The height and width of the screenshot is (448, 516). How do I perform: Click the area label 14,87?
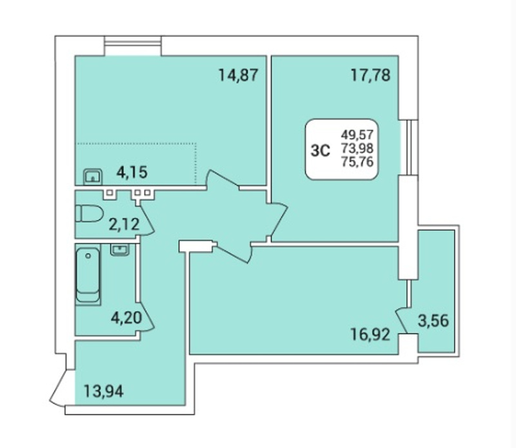pyautogui.click(x=238, y=75)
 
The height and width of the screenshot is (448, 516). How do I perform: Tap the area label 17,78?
pyautogui.click(x=370, y=75)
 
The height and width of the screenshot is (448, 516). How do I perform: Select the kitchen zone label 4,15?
pyautogui.click(x=132, y=172)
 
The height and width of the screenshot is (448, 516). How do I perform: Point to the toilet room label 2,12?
pyautogui.click(x=124, y=225)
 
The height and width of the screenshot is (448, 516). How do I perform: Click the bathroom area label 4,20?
pyautogui.click(x=126, y=318)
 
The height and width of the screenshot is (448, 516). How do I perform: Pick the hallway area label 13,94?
pyautogui.click(x=104, y=391)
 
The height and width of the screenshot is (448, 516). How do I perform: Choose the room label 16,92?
pyautogui.click(x=370, y=334)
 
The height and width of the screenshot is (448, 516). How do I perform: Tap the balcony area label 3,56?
pyautogui.click(x=433, y=321)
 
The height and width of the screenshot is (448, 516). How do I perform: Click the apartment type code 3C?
pyautogui.click(x=320, y=151)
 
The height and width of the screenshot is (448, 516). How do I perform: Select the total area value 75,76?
pyautogui.click(x=357, y=162)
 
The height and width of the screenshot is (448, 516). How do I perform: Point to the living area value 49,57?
pyautogui.click(x=357, y=134)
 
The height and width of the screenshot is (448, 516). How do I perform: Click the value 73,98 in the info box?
pyautogui.click(x=357, y=148)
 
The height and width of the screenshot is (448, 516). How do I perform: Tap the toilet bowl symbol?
pyautogui.click(x=89, y=214)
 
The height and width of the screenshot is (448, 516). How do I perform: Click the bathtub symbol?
pyautogui.click(x=88, y=276)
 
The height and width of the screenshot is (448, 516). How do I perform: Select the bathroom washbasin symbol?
pyautogui.click(x=120, y=249)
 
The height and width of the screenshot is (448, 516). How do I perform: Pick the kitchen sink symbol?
pyautogui.click(x=93, y=178)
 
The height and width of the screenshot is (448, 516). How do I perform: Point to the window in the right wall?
pyautogui.click(x=410, y=147)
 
